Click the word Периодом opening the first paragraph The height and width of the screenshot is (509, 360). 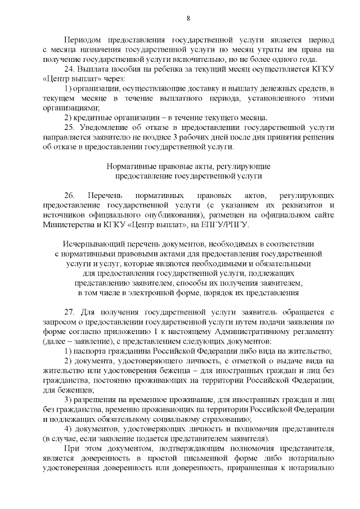point(84,41)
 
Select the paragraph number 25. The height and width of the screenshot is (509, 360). point(70,128)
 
